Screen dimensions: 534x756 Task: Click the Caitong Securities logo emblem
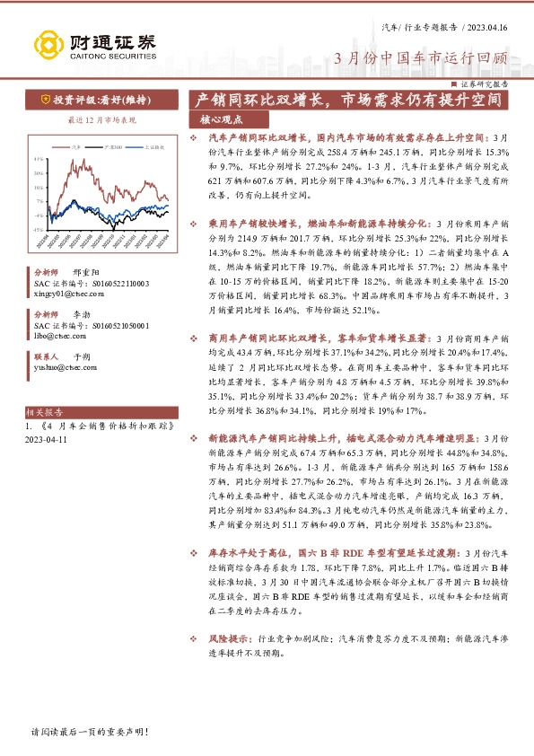tap(46, 42)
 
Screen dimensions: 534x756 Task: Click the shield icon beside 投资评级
tap(44, 100)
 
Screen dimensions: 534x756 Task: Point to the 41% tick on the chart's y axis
tap(39, 159)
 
